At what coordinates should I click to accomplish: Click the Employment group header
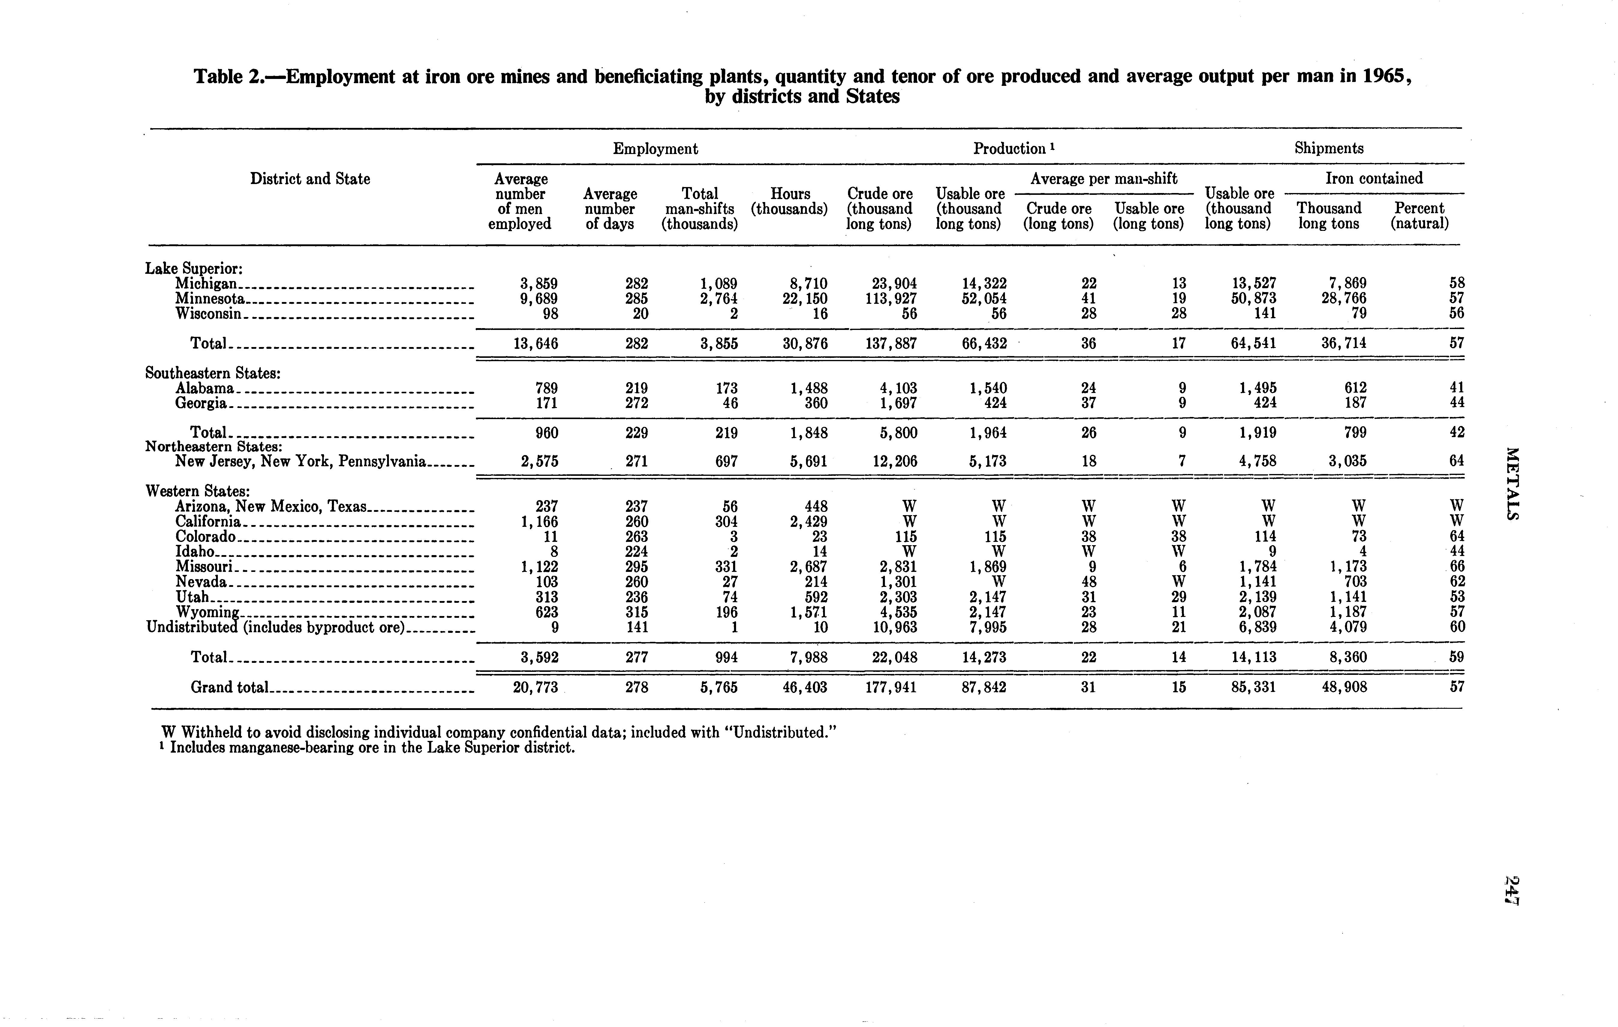[655, 149]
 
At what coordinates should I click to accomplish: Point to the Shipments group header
[1328, 149]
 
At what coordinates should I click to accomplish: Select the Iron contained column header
[1373, 178]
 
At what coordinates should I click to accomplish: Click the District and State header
[310, 179]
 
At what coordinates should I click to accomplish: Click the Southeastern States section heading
[212, 373]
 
